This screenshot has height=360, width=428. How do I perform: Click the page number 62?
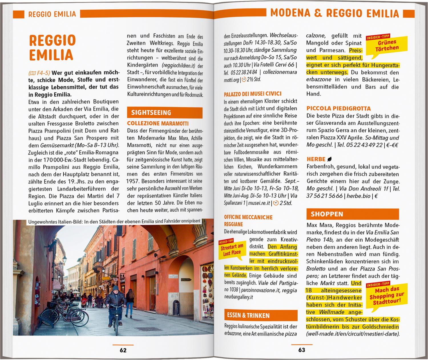tap(123, 350)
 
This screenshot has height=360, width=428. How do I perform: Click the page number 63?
tap(302, 350)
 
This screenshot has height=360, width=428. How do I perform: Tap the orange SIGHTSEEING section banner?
tap(165, 113)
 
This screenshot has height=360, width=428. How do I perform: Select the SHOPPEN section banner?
tap(348, 214)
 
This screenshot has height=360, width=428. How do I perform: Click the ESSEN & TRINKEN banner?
tap(261, 315)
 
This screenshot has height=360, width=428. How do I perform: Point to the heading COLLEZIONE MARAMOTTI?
tap(158, 124)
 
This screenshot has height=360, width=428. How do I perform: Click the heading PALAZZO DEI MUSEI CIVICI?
tap(253, 94)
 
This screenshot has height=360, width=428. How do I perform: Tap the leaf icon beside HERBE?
tap(330, 159)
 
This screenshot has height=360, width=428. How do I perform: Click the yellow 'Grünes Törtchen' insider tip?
tap(387, 45)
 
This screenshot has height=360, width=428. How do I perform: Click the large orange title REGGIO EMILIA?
tap(52, 47)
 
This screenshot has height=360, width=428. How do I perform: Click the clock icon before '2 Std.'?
tap(276, 203)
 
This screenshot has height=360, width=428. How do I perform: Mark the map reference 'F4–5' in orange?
tap(43, 72)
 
